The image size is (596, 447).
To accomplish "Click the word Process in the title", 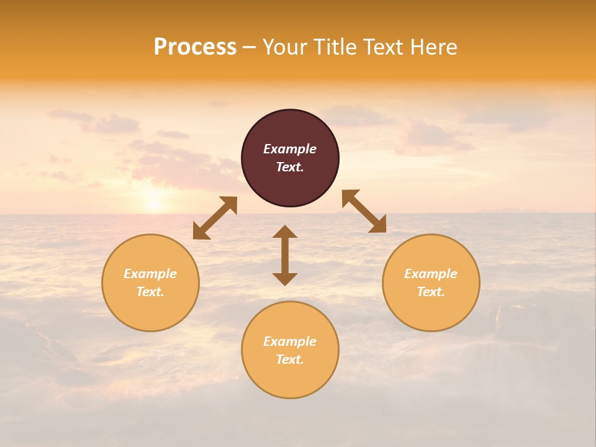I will tap(195, 47).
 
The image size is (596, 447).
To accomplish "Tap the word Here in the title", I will tap(433, 47).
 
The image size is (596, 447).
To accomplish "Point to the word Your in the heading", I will tap(284, 47).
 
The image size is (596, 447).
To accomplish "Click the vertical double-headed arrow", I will tap(285, 255).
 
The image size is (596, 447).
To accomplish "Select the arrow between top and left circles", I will tap(215, 218).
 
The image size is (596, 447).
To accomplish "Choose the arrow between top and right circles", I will tap(364, 211).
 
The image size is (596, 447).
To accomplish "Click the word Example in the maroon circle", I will tap(290, 149).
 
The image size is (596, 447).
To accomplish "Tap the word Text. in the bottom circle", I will tap(290, 359).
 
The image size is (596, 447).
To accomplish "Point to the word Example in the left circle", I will tap(150, 274).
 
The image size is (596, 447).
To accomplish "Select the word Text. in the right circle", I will tap(431, 292).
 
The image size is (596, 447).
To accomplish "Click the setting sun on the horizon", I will tap(153, 204).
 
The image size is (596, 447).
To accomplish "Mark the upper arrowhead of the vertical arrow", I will tap(285, 232).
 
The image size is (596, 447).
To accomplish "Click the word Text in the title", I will tap(383, 47).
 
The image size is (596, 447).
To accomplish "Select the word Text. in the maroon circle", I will tap(290, 168).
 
